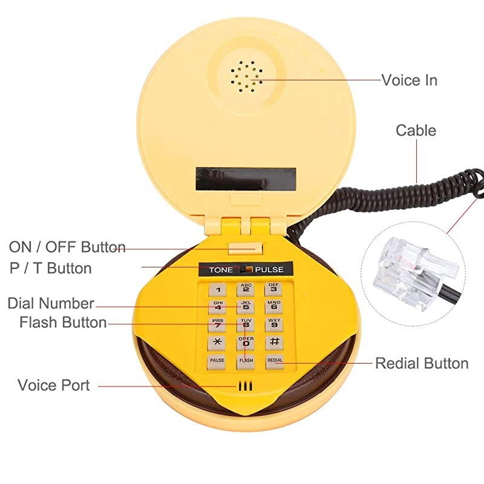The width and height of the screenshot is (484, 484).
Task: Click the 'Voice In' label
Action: (409, 80)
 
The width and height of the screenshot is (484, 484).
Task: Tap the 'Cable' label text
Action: (416, 130)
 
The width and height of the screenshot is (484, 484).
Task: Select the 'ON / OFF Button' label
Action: (67, 247)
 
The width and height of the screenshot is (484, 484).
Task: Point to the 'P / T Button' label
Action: (50, 268)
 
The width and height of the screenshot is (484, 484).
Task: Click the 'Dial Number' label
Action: (51, 303)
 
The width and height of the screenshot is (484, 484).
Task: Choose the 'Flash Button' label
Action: (63, 322)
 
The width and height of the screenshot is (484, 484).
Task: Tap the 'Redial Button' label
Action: (422, 363)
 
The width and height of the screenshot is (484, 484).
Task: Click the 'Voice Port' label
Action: (53, 385)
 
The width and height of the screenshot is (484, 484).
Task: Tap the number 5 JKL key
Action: (246, 307)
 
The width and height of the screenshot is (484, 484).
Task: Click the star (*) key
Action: (217, 342)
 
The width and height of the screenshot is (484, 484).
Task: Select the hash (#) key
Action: (273, 342)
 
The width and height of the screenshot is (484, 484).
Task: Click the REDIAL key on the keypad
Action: (274, 361)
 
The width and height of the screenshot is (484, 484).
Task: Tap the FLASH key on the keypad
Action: (246, 361)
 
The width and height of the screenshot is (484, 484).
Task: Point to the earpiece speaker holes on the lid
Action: (246, 76)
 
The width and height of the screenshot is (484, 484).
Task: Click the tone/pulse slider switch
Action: (246, 270)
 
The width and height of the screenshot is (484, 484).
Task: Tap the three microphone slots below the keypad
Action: (244, 385)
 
